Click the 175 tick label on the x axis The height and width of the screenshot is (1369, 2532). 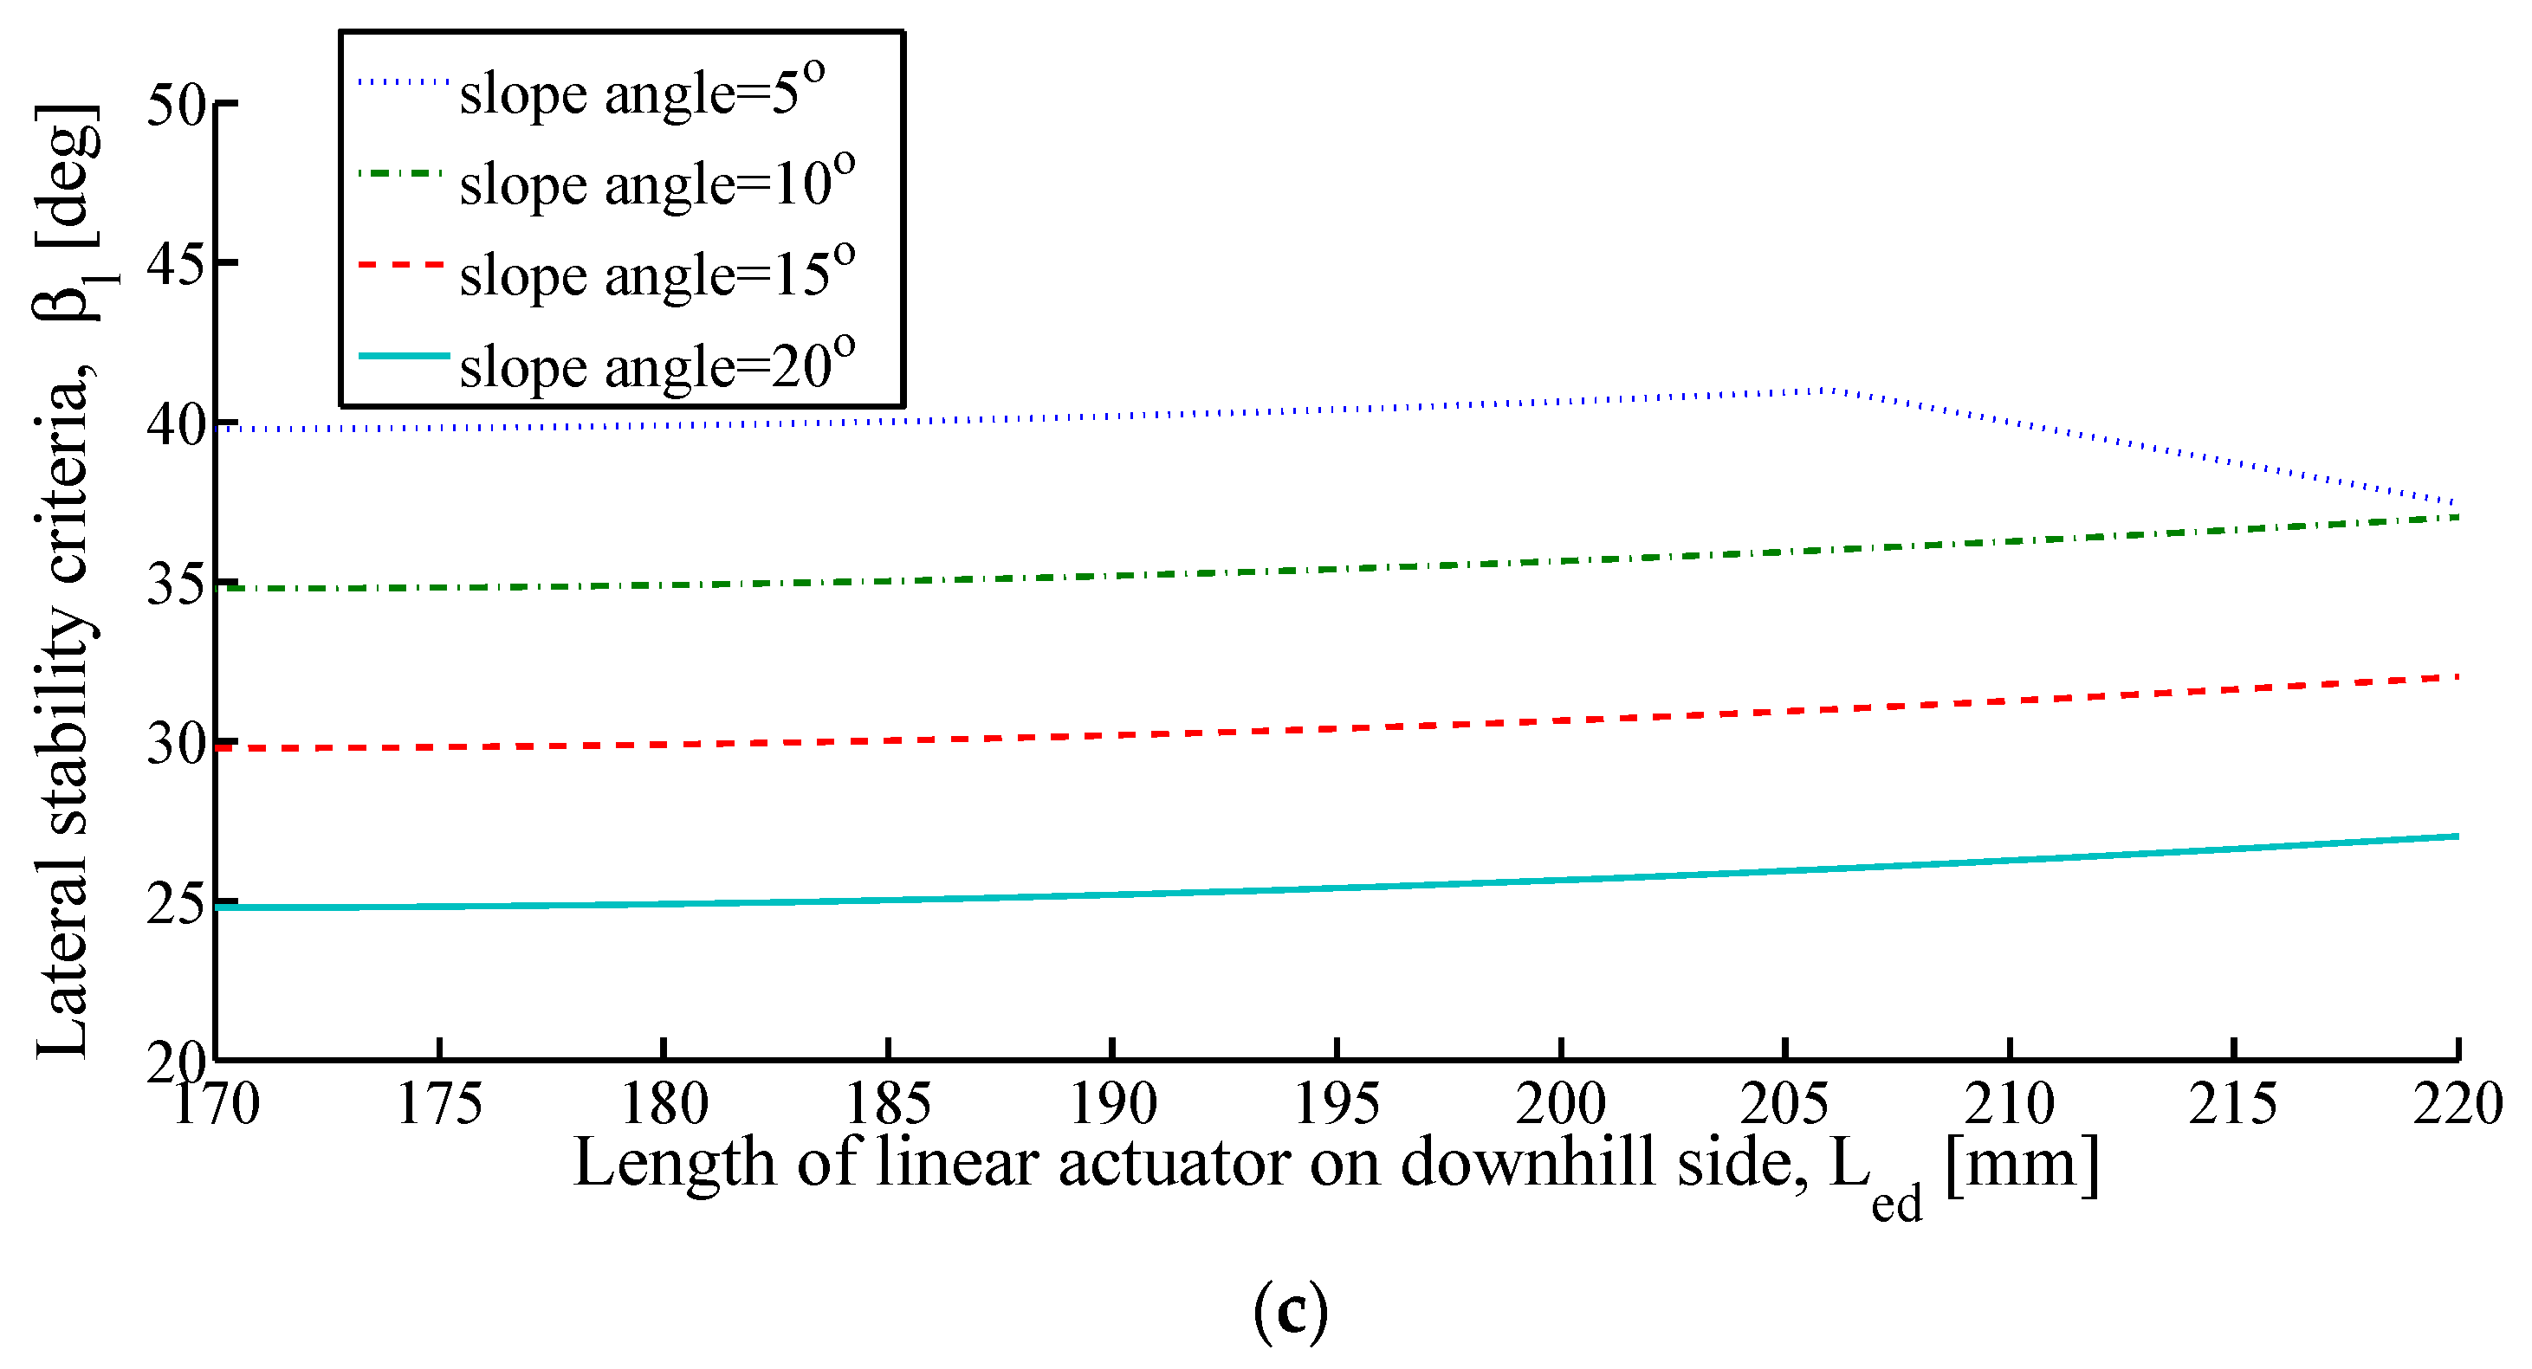pyautogui.click(x=439, y=1104)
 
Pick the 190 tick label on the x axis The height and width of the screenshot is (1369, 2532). pyautogui.click(x=1112, y=1104)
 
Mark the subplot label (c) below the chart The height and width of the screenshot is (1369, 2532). pyautogui.click(x=1291, y=1312)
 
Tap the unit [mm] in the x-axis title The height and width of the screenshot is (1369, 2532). pyautogui.click(x=2022, y=1164)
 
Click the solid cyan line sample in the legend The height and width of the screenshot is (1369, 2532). pyautogui.click(x=404, y=355)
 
